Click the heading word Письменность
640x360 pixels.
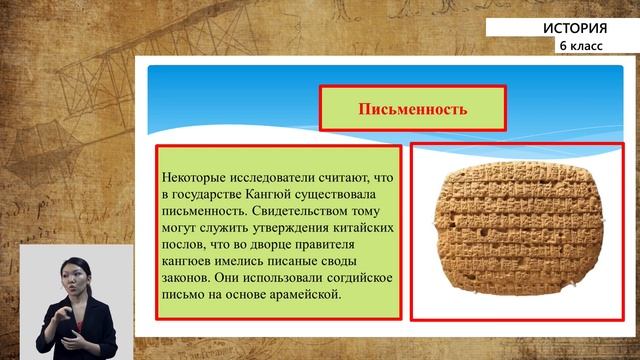pyautogui.click(x=412, y=108)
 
